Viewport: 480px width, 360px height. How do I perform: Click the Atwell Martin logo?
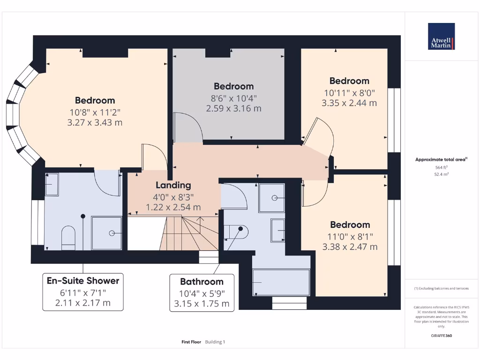coord(441,37)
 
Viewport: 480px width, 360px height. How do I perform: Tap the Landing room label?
coord(173,185)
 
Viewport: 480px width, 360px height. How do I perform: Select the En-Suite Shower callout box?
coord(83,292)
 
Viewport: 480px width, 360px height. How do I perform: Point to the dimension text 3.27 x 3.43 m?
coord(95,122)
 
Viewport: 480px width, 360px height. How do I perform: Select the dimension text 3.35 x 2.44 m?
coord(349,103)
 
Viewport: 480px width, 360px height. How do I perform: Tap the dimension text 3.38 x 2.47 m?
coord(350,247)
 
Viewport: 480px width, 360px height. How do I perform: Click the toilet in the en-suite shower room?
coord(68,237)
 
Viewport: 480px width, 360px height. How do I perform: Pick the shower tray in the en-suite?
coord(106,232)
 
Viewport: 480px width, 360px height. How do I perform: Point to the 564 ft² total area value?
coord(441,167)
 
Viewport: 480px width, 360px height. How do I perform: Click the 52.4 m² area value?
coord(441,174)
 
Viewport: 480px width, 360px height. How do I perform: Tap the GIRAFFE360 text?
coord(441,336)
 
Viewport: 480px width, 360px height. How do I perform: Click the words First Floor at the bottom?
coord(191,342)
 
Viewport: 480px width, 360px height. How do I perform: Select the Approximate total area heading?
coord(441,159)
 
